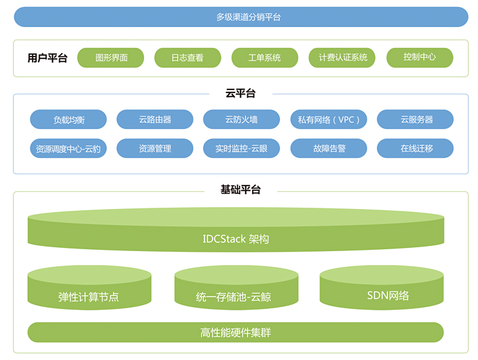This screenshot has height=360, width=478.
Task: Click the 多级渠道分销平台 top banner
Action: pyautogui.click(x=241, y=17)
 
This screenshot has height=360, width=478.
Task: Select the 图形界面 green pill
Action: pyautogui.click(x=111, y=58)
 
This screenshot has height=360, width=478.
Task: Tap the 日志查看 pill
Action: pyautogui.click(x=188, y=58)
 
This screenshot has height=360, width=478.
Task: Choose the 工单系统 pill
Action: pyautogui.click(x=265, y=58)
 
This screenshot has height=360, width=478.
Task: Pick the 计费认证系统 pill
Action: pyautogui.click(x=342, y=58)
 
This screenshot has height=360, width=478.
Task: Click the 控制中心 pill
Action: pyautogui.click(x=420, y=58)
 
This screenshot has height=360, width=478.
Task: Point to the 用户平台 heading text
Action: pyautogui.click(x=47, y=58)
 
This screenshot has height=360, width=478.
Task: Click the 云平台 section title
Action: pyautogui.click(x=240, y=93)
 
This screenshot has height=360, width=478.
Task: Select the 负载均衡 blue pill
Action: pyautogui.click(x=69, y=120)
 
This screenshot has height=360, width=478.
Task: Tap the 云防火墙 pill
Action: pyautogui.click(x=242, y=120)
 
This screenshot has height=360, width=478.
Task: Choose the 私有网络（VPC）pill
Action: pyautogui.click(x=328, y=120)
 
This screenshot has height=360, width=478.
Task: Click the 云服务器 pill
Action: pyautogui.click(x=415, y=120)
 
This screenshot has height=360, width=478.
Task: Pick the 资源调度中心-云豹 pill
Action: pyautogui.click(x=69, y=149)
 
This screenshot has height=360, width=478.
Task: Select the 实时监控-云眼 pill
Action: pyautogui.click(x=242, y=149)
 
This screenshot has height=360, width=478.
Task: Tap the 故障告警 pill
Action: pyautogui.click(x=328, y=149)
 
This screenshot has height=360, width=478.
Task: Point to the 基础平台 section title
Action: pyautogui.click(x=240, y=190)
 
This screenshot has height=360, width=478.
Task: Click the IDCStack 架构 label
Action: pyautogui.click(x=236, y=239)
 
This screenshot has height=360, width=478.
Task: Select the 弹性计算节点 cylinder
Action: pyautogui.click(x=89, y=288)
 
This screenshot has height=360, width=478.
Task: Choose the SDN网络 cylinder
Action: pyautogui.click(x=382, y=288)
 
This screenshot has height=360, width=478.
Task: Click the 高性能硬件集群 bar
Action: pyautogui.click(x=236, y=332)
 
